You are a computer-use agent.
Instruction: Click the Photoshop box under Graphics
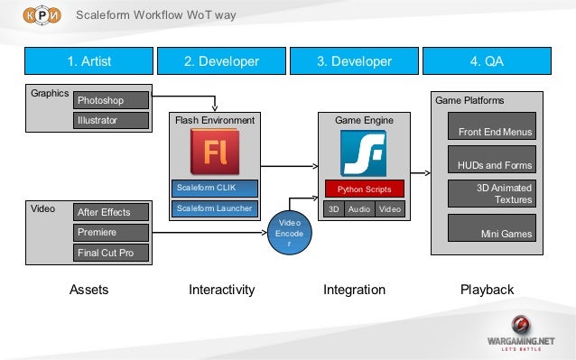pyautogui.click(x=112, y=100)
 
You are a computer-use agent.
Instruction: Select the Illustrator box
pyautogui.click(x=112, y=120)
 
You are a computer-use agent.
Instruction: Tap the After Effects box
pyautogui.click(x=112, y=212)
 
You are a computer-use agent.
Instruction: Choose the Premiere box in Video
pyautogui.click(x=112, y=232)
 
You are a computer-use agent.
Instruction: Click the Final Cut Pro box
pyautogui.click(x=112, y=253)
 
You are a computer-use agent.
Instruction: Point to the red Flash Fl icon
pyautogui.click(x=215, y=152)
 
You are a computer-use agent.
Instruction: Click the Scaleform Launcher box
pyautogui.click(x=215, y=209)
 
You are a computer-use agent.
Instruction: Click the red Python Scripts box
pyautogui.click(x=364, y=190)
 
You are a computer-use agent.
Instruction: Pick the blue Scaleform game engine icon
pyautogui.click(x=364, y=152)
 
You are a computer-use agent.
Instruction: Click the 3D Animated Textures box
pyautogui.click(x=492, y=193)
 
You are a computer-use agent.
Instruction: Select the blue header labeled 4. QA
pyautogui.click(x=487, y=61)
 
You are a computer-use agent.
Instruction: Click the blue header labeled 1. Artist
pyautogui.click(x=89, y=61)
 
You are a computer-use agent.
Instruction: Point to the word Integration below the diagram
pyautogui.click(x=354, y=291)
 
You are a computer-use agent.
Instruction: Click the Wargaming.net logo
pyautogui.click(x=521, y=333)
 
